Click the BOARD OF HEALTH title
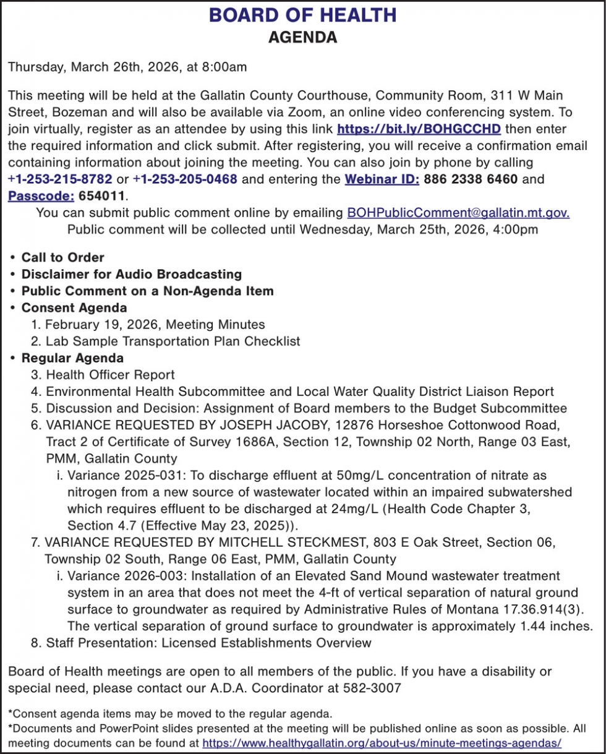pyautogui.click(x=302, y=15)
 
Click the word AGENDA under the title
pyautogui.click(x=302, y=38)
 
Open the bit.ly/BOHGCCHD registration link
pyautogui.click(x=419, y=129)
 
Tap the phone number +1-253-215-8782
pyautogui.click(x=60, y=179)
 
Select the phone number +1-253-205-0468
pyautogui.click(x=186, y=179)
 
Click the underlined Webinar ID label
pyautogui.click(x=382, y=179)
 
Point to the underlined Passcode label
pyautogui.click(x=41, y=196)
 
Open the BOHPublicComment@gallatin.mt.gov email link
pyautogui.click(x=458, y=213)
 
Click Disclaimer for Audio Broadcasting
pyautogui.click(x=131, y=274)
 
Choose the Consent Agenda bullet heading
pyautogui.click(x=74, y=307)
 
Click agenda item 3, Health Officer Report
pyautogui.click(x=110, y=375)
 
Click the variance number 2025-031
pyautogui.click(x=143, y=476)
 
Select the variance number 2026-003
pyautogui.click(x=143, y=576)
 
